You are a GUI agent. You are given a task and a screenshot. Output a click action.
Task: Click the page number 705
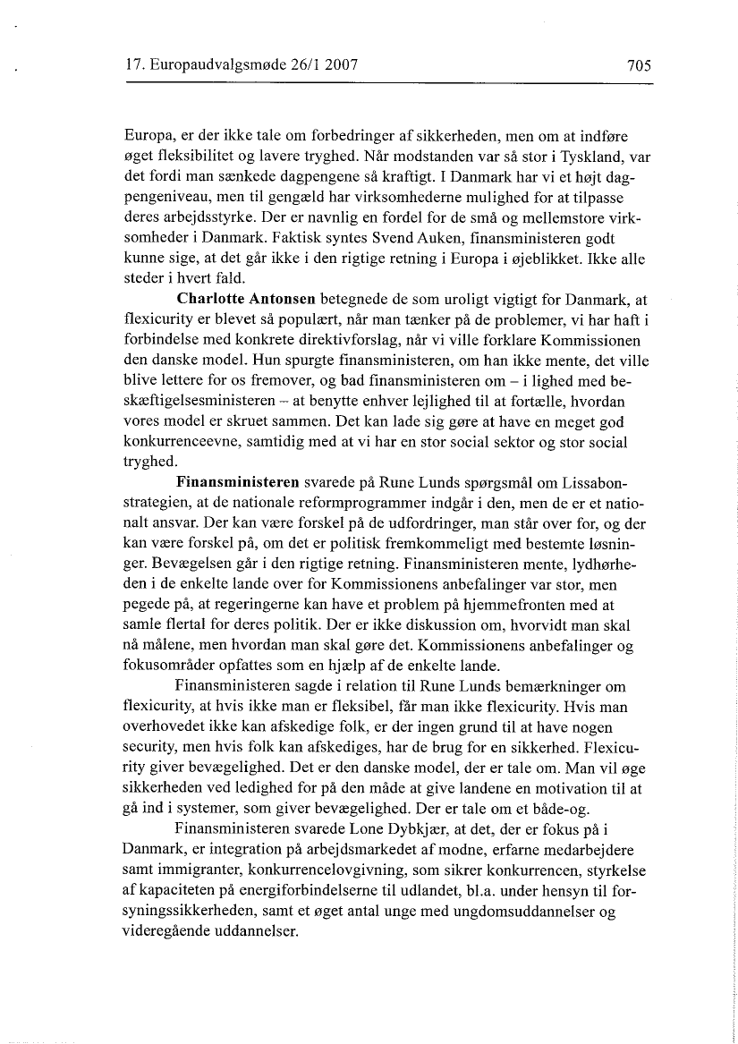pyautogui.click(x=637, y=65)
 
